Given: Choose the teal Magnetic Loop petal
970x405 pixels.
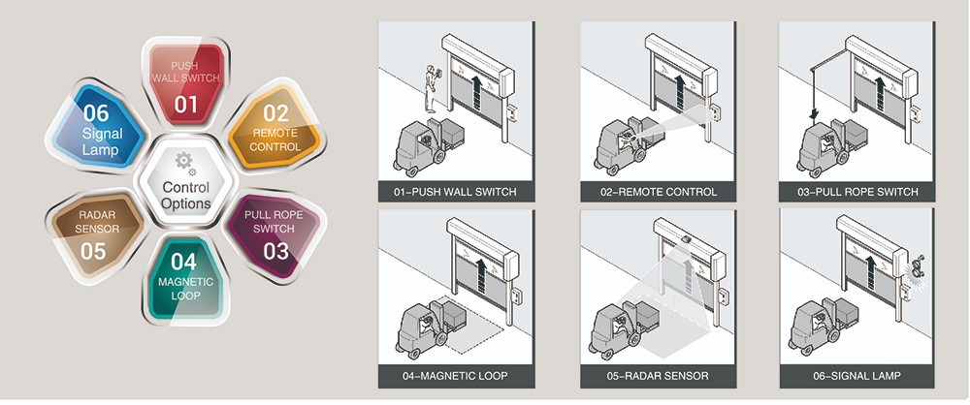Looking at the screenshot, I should (184, 275).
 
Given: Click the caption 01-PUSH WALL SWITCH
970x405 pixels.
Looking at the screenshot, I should (455, 191).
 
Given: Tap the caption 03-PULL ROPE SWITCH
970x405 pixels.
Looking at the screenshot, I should (857, 191).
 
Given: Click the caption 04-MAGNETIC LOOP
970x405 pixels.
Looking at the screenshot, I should (455, 376).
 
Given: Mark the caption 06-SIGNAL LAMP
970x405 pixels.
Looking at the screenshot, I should (857, 376).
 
